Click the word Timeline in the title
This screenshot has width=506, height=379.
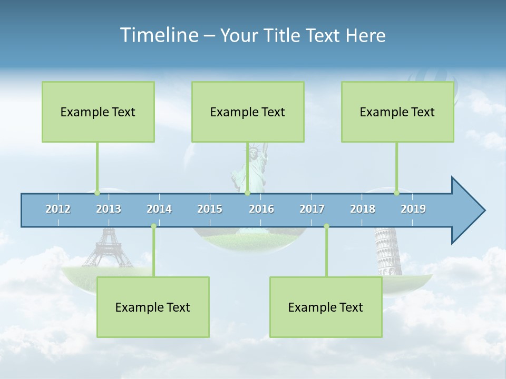[159, 35]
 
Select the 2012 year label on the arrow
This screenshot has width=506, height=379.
[58, 209]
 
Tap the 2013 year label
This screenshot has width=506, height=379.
[109, 209]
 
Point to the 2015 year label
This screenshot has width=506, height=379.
[210, 209]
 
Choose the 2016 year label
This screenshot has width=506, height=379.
[261, 209]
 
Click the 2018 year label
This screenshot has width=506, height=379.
[363, 209]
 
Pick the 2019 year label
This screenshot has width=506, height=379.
[413, 209]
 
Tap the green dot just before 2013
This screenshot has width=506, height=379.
[97, 193]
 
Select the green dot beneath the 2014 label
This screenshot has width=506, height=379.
[153, 226]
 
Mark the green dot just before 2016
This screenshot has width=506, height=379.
[247, 193]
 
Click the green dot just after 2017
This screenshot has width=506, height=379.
[326, 226]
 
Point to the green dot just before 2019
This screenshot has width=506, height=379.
[396, 193]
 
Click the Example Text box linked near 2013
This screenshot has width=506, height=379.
[98, 112]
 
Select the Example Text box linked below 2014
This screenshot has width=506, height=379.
[153, 307]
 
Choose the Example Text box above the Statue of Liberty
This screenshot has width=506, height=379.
[248, 112]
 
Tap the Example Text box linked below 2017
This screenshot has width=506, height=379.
[326, 307]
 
